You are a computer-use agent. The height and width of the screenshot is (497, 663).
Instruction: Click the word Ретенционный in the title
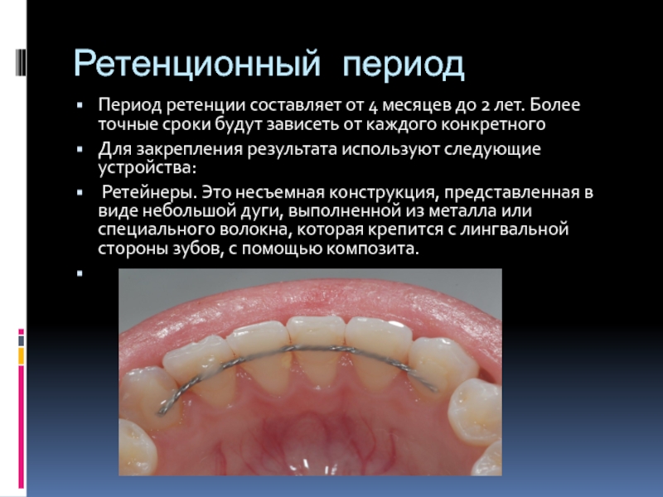click(x=197, y=64)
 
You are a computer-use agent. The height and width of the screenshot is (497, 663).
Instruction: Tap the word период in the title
click(x=404, y=65)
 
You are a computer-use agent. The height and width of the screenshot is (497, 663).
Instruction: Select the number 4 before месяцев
click(x=372, y=106)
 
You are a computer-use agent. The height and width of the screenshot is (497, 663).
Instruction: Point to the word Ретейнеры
click(x=150, y=192)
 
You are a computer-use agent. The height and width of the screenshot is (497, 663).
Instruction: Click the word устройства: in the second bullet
click(x=148, y=168)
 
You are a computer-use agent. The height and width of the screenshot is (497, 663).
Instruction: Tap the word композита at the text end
click(x=372, y=248)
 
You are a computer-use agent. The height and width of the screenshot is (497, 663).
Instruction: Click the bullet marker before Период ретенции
click(x=80, y=104)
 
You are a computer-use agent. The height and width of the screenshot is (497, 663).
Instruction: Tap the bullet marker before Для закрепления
click(x=80, y=149)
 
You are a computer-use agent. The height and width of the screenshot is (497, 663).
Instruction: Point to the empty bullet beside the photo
click(x=80, y=273)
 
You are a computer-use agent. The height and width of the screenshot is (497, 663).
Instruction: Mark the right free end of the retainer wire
click(x=436, y=388)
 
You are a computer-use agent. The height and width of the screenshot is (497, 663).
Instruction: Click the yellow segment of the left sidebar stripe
click(x=22, y=356)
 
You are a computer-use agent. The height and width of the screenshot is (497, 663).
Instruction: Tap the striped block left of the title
click(x=21, y=63)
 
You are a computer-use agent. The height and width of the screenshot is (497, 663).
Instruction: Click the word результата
click(x=293, y=150)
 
